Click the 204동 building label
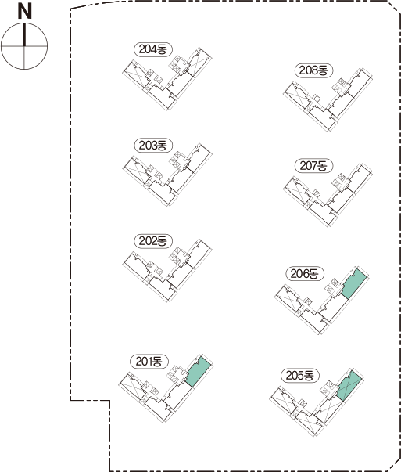click(x=152, y=49)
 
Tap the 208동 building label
click(x=313, y=70)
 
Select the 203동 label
click(x=152, y=146)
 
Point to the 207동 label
click(x=313, y=166)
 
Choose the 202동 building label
click(x=152, y=241)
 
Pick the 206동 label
click(x=305, y=274)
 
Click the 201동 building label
click(x=149, y=361)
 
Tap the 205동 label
click(x=299, y=376)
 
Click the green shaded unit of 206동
click(x=354, y=284)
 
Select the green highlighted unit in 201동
click(x=198, y=373)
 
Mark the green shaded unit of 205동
click(x=349, y=386)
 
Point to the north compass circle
click(x=24, y=45)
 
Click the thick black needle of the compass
click(x=24, y=35)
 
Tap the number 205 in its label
click(x=295, y=376)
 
